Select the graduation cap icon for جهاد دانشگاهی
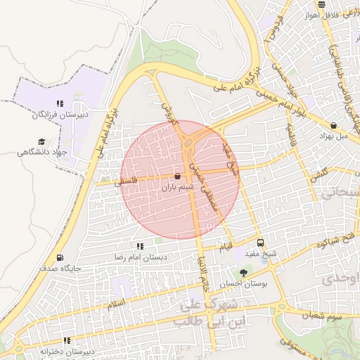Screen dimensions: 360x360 41,141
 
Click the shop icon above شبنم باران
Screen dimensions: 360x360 176,176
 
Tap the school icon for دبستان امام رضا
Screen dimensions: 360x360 140,246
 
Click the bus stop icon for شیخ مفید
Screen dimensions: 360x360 261,242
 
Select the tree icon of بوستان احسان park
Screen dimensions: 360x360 243,272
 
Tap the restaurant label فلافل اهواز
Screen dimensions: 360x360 323,15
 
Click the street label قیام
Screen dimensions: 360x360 226,247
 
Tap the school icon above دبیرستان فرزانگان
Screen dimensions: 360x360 60,103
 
